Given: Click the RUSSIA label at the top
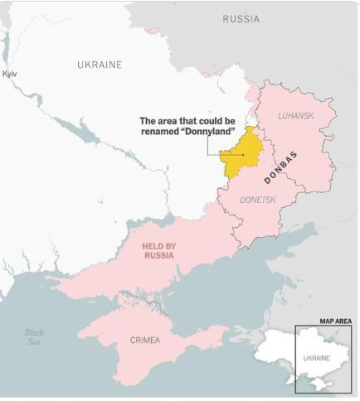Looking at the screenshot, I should [241, 18].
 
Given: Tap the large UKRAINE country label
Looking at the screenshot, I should [100, 65].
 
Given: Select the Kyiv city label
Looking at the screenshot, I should [10, 75].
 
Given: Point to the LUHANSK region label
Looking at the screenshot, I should [295, 116].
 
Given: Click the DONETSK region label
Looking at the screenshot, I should [257, 200].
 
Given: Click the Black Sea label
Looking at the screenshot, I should [33, 337].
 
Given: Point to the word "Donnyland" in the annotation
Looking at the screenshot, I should [208, 132].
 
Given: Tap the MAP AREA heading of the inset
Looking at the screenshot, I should [337, 321].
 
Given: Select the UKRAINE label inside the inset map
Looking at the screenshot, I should [315, 358].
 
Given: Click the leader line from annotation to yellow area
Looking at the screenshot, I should [208, 147].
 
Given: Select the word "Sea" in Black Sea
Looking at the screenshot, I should [33, 342].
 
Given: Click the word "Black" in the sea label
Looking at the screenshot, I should [33, 332].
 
